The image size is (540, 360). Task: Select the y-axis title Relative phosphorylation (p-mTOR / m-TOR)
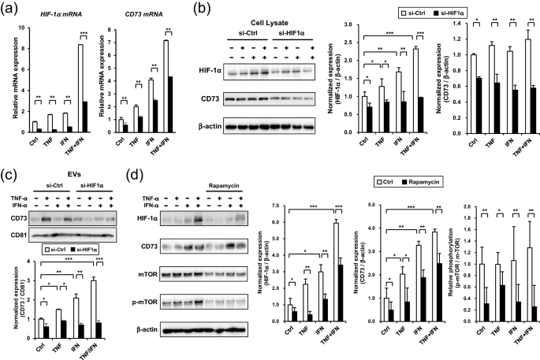[451, 269]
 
